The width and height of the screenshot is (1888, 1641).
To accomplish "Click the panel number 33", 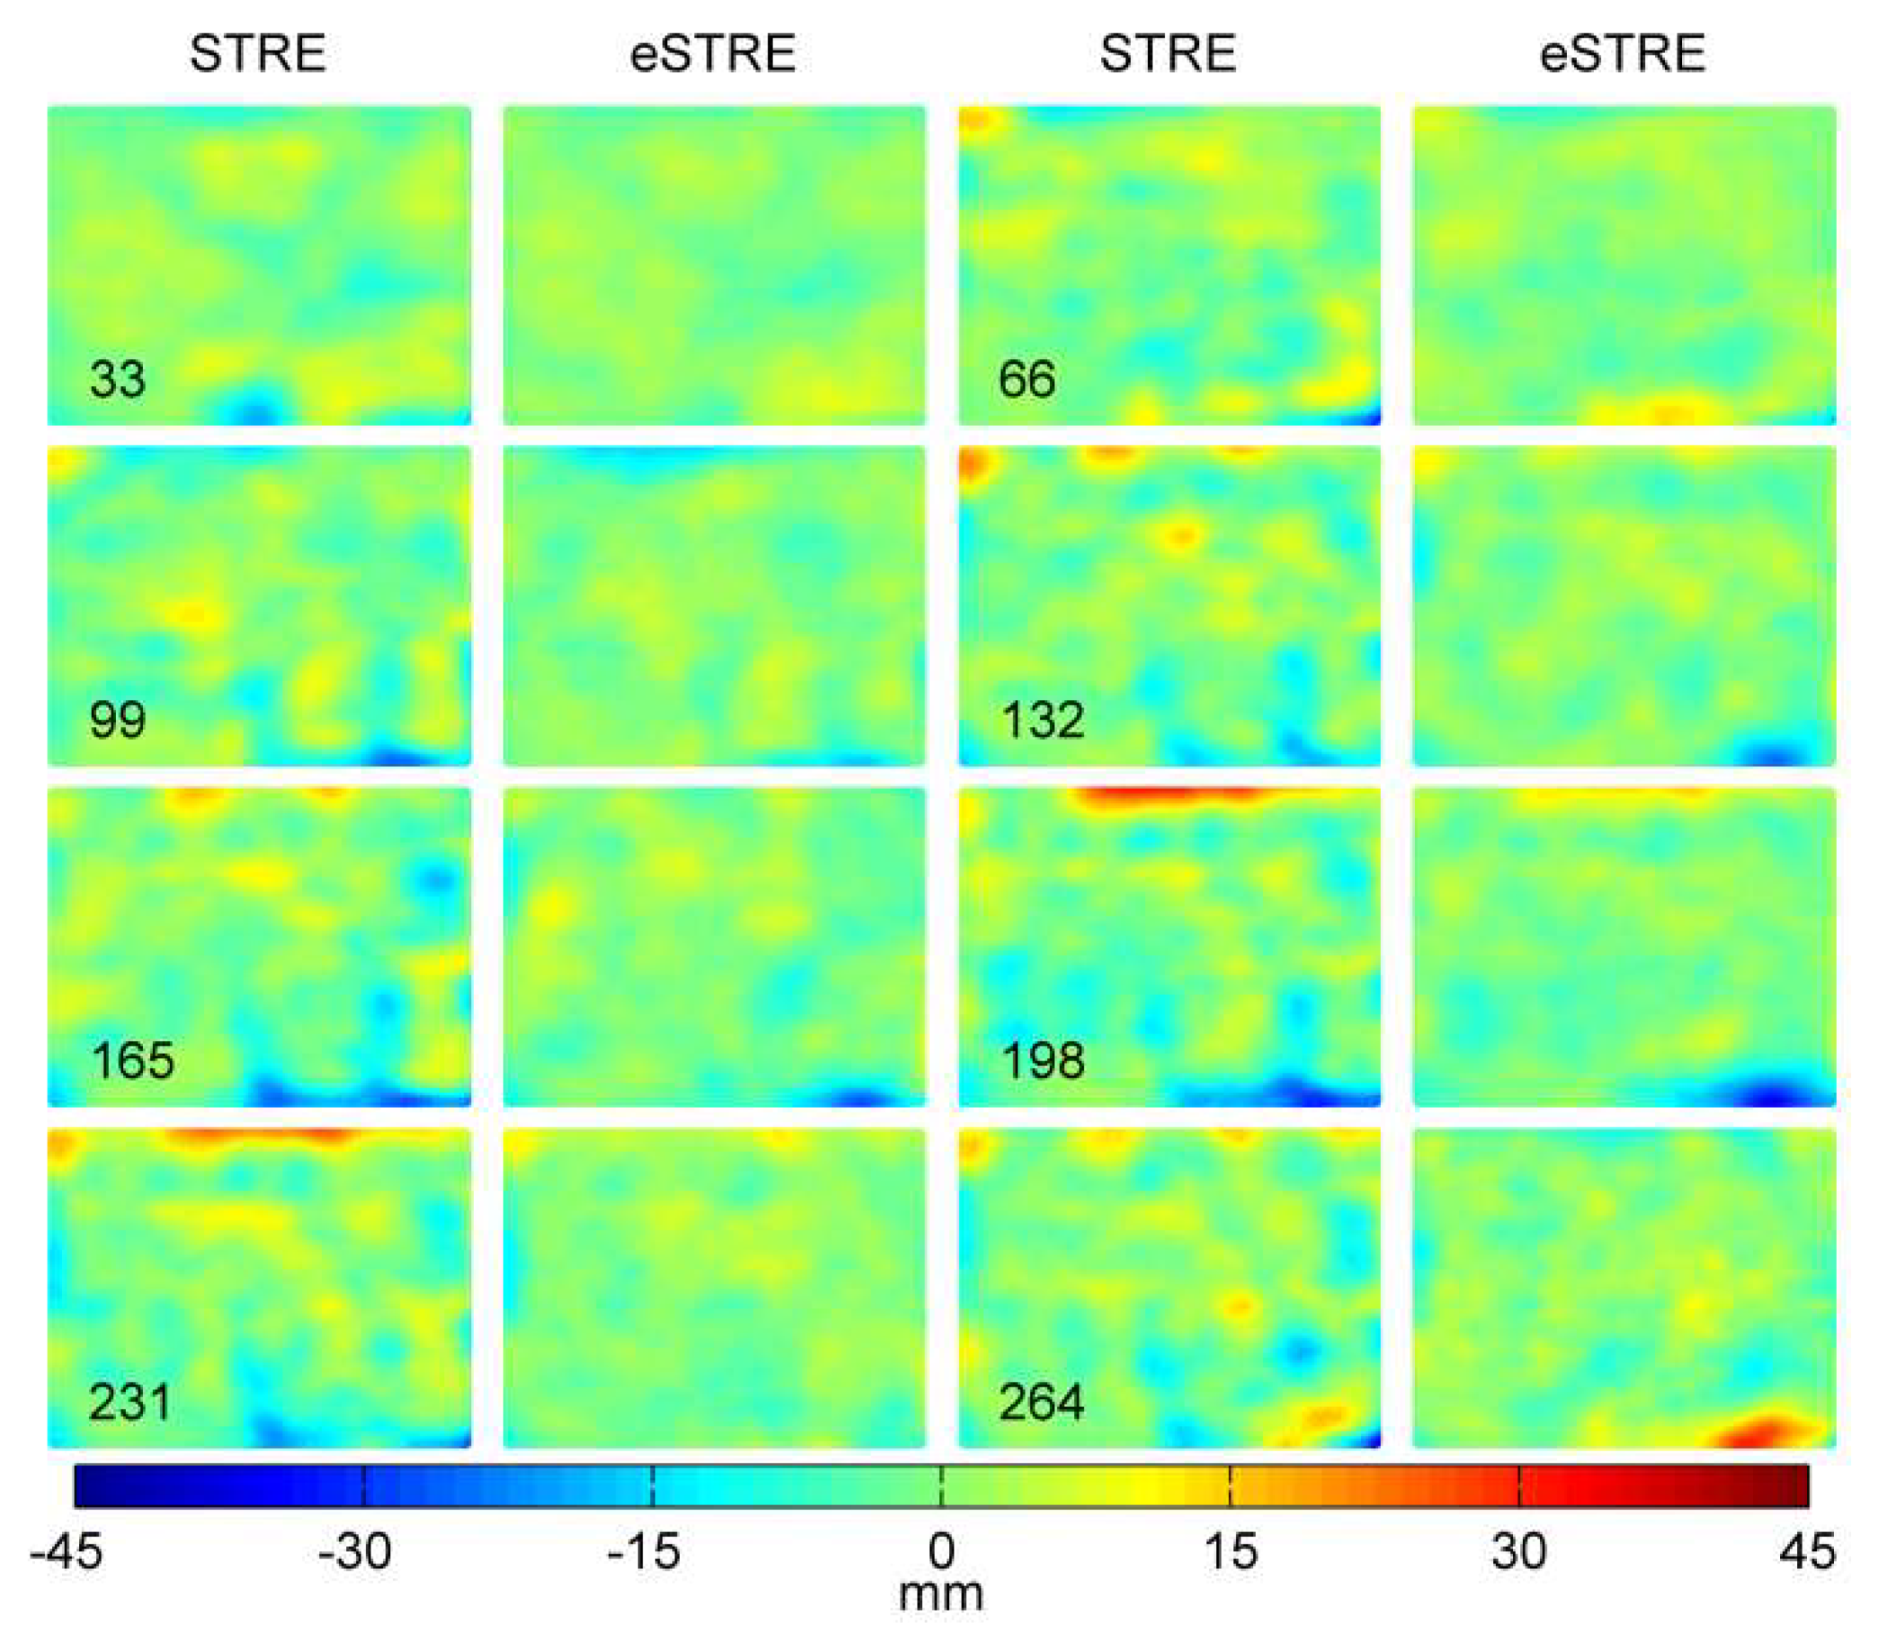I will tap(117, 379).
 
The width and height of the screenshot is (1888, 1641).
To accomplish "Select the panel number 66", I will tap(1026, 379).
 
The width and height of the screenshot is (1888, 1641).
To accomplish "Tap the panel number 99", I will tap(117, 720).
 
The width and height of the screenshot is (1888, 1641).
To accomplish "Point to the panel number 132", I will tap(1042, 720).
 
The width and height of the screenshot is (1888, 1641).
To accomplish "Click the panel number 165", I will tap(132, 1061).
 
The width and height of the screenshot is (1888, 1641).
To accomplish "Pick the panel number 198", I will tap(1042, 1061).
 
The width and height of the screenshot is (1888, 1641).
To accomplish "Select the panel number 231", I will tap(130, 1402).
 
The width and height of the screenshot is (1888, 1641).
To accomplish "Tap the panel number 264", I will tap(1041, 1402).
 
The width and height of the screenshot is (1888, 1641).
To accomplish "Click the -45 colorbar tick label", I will tap(66, 1551).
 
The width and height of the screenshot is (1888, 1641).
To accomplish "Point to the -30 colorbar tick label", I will tap(355, 1551).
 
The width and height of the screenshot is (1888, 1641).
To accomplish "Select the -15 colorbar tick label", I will tap(645, 1551).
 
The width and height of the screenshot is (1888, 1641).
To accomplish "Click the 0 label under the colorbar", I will tap(941, 1551).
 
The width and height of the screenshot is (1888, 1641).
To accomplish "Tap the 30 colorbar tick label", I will tap(1519, 1551).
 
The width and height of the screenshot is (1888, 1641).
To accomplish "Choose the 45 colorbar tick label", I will tap(1807, 1551).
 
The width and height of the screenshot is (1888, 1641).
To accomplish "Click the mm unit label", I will tap(941, 1594).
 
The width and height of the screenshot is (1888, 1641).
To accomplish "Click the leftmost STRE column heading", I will tap(257, 53).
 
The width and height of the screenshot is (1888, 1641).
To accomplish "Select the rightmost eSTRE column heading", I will tap(1623, 53).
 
